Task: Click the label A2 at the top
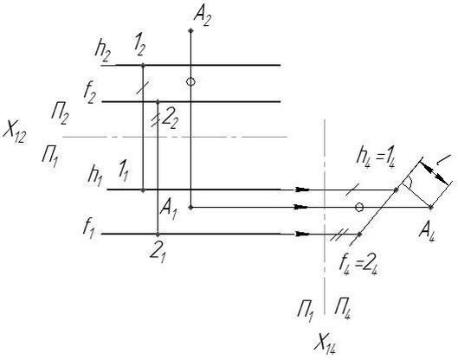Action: [x=202, y=17]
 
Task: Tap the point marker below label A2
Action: [x=190, y=30]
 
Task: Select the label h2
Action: [x=102, y=53]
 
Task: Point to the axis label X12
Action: [x=15, y=133]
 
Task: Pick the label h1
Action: [x=95, y=177]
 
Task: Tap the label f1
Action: [x=88, y=229]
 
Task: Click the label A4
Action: [x=427, y=233]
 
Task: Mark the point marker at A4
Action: [x=431, y=207]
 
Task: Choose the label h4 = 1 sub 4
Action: [x=376, y=159]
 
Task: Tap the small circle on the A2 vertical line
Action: [x=190, y=81]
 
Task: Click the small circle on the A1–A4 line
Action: [x=359, y=207]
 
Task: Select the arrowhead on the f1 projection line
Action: [x=302, y=234]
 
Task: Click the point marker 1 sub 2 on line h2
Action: [x=143, y=65]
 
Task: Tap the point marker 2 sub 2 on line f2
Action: [x=158, y=101]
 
